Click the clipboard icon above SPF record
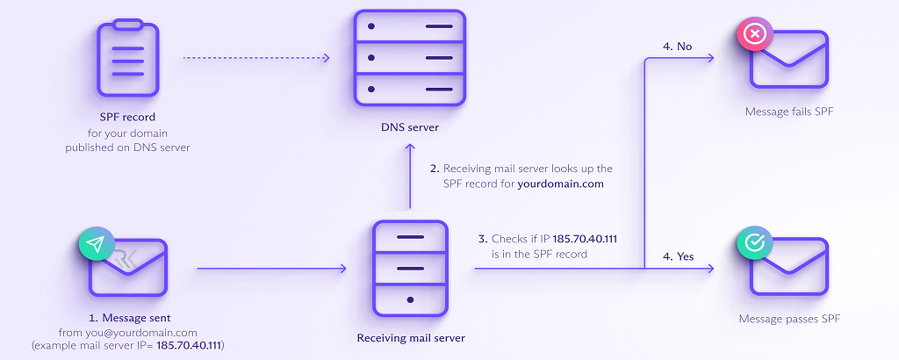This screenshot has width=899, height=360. coord(127,60)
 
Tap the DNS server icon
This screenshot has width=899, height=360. coord(409,58)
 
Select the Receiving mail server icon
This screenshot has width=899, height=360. coord(410,268)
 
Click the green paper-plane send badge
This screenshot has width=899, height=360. coord(96,244)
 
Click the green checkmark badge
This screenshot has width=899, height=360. coord(753,244)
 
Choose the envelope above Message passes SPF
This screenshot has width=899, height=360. coord(788,267)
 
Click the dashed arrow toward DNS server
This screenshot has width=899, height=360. coord(255,59)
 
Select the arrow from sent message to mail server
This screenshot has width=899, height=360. coord(271,268)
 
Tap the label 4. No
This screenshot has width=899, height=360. coord(679,47)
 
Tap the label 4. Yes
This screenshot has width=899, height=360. coord(680,256)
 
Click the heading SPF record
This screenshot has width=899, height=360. coord(127,119)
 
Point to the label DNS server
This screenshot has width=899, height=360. coord(410,128)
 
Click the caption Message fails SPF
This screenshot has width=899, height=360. coord(789,112)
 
